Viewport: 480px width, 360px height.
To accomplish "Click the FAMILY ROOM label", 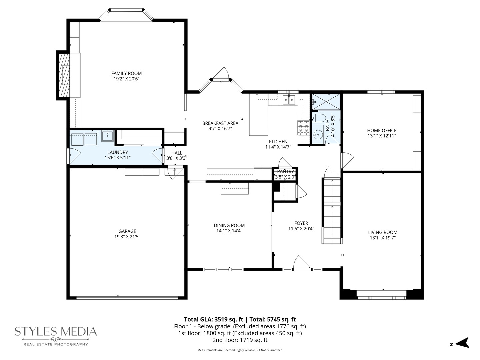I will [x=126, y=73].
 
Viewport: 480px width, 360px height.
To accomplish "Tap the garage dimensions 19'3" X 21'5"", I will [x=127, y=237].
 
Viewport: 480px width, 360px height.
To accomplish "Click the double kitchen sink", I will [x=289, y=99].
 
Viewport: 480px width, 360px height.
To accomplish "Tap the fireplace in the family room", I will [x=64, y=75].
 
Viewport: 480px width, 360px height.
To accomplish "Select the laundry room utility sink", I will [x=107, y=135].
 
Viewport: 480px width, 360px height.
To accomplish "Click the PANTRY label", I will [x=285, y=172].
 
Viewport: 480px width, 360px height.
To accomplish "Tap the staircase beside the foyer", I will [x=332, y=212].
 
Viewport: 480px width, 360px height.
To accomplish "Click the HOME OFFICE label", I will [x=382, y=130].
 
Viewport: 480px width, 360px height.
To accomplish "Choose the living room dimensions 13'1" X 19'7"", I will [x=383, y=238].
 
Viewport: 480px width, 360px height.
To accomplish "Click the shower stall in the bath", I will [x=326, y=101].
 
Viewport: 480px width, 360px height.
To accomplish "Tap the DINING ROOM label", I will [x=229, y=225].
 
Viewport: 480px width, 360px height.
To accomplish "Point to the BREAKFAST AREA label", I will [x=220, y=123].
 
